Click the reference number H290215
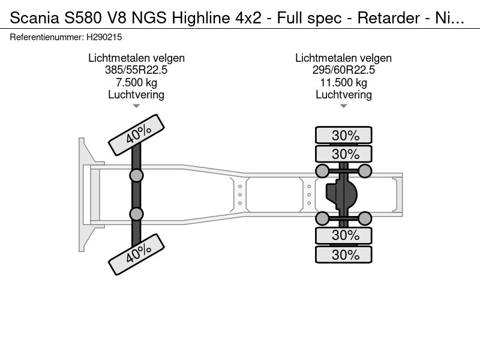[106, 37]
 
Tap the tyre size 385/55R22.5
[136, 70]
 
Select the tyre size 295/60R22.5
[343, 70]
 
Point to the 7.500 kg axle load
[136, 82]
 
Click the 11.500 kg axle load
[343, 82]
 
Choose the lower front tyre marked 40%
[136, 256]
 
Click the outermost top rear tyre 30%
[345, 135]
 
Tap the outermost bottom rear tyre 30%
[345, 254]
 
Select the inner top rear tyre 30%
[345, 153]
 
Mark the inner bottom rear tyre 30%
[345, 235]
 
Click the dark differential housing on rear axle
[341, 194]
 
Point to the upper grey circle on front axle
[137, 175]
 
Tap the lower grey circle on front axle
[137, 214]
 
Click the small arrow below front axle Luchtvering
[136, 106]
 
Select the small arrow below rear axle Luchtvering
[343, 106]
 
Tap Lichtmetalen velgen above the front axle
[136, 58]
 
